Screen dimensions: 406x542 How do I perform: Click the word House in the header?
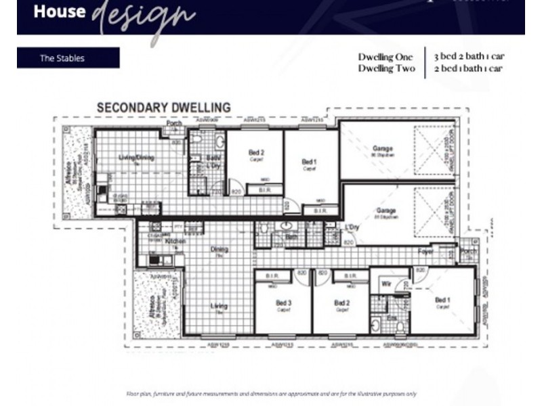point(60,12)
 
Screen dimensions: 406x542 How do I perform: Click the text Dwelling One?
point(385,58)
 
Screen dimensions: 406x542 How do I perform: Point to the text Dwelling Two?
point(385,68)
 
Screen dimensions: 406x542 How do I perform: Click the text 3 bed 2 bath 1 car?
point(469,58)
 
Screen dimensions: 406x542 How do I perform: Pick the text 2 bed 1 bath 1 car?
point(469,68)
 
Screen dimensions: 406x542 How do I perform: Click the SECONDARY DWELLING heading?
point(163,108)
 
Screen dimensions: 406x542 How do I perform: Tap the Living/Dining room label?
point(137,158)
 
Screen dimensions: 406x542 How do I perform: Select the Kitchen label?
point(175,241)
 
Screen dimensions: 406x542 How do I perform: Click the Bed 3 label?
point(283,302)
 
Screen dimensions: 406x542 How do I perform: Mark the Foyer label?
point(426,251)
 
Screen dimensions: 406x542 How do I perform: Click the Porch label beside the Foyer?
point(468,251)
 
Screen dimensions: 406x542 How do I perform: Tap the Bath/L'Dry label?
point(213,162)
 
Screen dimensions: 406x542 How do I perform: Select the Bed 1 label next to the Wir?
point(442,300)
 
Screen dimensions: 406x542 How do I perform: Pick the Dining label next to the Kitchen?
point(219,249)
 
